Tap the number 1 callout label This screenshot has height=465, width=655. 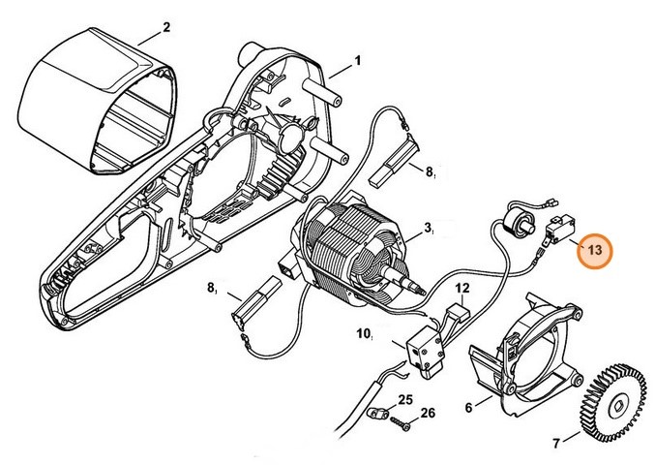tap(358, 61)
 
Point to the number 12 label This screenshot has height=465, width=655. tap(462, 289)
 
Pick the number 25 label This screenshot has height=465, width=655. tap(404, 398)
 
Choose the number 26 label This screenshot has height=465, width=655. tap(428, 415)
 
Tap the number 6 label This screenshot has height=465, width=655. tap(469, 408)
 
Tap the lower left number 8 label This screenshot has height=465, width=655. tap(211, 290)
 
